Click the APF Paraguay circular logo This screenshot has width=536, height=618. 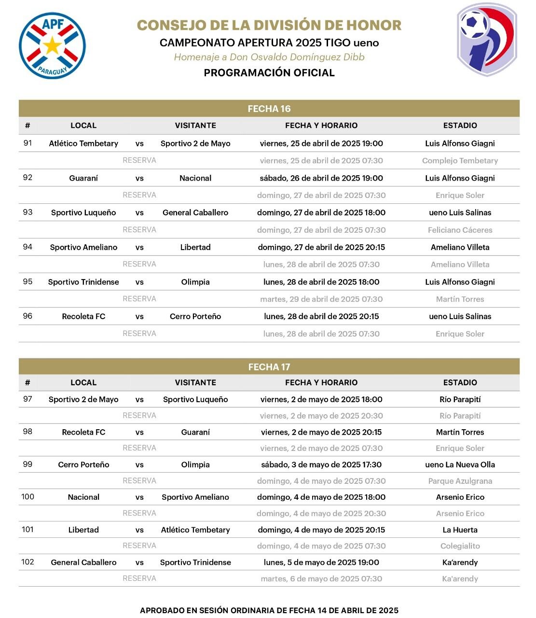pos(52,46)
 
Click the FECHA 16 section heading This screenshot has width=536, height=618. pos(269,109)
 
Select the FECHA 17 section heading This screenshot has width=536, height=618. pos(269,367)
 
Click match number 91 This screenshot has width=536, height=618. pos(27,143)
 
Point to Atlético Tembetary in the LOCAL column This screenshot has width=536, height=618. pos(83,143)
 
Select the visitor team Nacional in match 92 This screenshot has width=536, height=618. pos(195,178)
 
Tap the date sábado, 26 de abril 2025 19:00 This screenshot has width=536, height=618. pos(321,178)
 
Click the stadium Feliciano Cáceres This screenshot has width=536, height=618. pos(460,230)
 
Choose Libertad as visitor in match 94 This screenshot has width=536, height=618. pos(195,247)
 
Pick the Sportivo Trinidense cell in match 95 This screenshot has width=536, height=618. pos(83,282)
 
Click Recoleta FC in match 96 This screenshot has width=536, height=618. pos(83,316)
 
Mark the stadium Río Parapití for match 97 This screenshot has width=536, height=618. pos(460,399)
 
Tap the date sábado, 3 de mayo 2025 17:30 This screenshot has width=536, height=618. pos(321,464)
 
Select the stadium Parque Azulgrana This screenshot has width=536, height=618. pos(460,481)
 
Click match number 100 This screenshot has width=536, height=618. pos(27,497)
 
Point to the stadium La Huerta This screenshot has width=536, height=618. pos(460,530)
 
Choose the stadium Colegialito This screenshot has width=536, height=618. pos(460,546)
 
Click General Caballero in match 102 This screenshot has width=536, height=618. pos(83,562)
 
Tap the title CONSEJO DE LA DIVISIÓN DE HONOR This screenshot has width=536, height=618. pos(269,25)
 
